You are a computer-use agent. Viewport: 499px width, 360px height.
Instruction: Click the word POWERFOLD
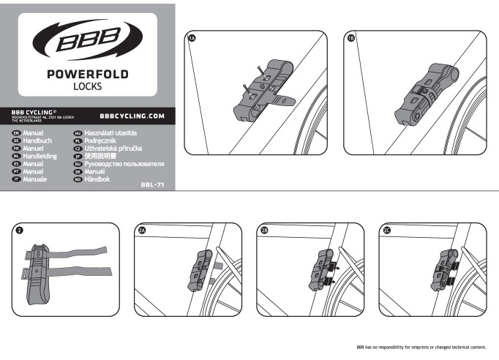(88, 74)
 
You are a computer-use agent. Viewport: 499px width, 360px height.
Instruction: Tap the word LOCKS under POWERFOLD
(88, 86)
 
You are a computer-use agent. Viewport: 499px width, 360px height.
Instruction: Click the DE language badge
(16, 141)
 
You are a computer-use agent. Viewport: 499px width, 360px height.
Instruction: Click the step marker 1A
(192, 38)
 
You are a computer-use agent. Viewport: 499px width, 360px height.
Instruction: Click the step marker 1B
(350, 38)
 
